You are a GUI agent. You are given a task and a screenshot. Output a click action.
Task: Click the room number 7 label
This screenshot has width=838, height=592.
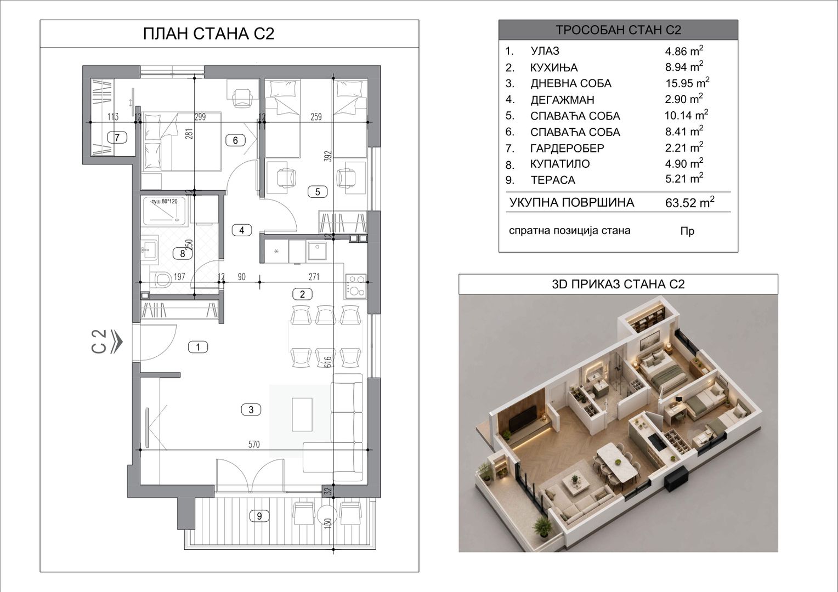(117, 138)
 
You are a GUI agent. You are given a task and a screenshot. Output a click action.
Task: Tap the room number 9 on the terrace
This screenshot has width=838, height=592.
(259, 516)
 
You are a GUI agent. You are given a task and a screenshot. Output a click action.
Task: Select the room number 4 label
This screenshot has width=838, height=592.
(242, 230)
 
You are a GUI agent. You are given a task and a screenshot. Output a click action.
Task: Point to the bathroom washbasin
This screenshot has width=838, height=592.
(150, 247)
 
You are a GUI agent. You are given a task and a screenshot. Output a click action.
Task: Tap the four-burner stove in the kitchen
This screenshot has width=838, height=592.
(356, 286)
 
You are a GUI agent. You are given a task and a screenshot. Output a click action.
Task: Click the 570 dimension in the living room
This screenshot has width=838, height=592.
(254, 445)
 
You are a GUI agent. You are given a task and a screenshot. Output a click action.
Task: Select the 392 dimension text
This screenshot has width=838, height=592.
(328, 156)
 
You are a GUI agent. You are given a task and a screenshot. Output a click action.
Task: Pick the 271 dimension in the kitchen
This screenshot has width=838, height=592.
(314, 277)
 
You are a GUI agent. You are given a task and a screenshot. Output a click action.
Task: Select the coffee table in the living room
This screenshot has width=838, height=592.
(302, 415)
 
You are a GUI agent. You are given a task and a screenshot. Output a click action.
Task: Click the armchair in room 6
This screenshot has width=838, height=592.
(243, 99)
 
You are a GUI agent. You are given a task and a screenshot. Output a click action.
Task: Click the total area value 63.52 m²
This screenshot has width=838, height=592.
(690, 202)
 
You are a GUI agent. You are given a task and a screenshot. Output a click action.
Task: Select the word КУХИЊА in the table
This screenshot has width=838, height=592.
(554, 67)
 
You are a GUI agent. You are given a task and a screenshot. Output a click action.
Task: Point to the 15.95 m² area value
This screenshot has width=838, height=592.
(687, 83)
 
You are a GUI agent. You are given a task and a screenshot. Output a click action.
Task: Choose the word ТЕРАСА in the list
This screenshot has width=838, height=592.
(553, 180)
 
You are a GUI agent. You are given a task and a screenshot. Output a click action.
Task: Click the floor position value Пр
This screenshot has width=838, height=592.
(688, 231)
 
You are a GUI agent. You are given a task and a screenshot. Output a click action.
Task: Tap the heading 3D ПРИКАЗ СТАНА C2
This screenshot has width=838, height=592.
(619, 284)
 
